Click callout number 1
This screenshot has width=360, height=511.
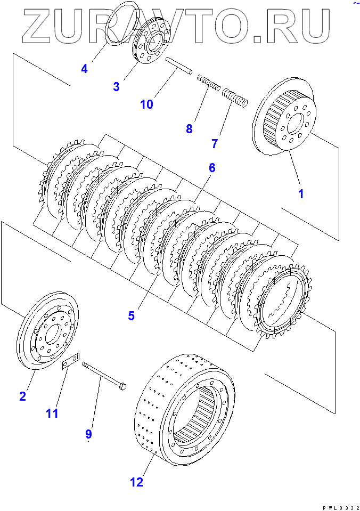(301, 194)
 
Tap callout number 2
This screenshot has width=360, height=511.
(22, 396)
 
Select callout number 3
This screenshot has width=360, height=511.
(116, 86)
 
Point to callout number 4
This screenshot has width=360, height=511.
(84, 68)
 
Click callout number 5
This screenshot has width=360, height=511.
(131, 316)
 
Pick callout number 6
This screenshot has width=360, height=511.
(212, 168)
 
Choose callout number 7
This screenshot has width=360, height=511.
(215, 143)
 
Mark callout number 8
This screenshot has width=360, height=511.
(189, 128)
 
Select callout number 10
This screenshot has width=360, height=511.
(146, 104)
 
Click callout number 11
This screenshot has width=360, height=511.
(52, 413)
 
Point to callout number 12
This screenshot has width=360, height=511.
(136, 482)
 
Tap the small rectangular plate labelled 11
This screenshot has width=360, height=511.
(71, 361)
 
